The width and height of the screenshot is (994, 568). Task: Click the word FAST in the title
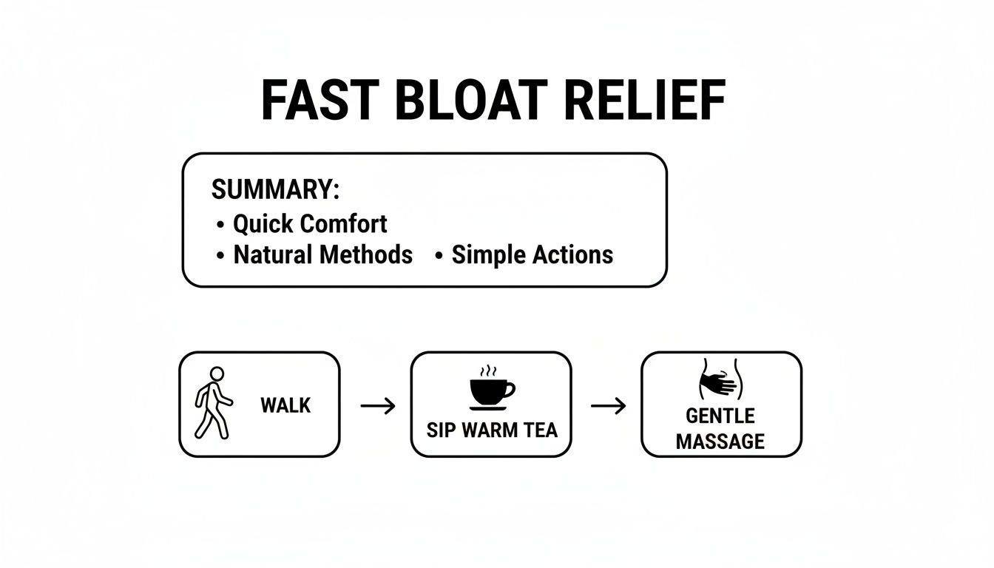pyautogui.click(x=319, y=101)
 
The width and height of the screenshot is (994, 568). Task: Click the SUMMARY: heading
pyautogui.click(x=275, y=189)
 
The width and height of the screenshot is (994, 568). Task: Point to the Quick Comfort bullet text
pyautogui.click(x=310, y=223)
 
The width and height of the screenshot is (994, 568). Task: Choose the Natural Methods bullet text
pyautogui.click(x=322, y=254)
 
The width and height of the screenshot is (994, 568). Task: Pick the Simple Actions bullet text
pyautogui.click(x=532, y=254)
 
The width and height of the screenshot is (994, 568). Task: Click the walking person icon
pyautogui.click(x=212, y=403)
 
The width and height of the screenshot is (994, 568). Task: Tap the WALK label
pyautogui.click(x=285, y=405)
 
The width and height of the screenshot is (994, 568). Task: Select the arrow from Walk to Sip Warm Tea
pyautogui.click(x=377, y=405)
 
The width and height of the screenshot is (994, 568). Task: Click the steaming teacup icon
pyautogui.click(x=491, y=390)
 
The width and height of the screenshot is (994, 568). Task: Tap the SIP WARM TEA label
pyautogui.click(x=492, y=430)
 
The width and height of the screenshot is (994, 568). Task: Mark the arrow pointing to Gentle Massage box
pyautogui.click(x=608, y=405)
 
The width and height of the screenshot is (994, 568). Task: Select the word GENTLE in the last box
pyautogui.click(x=720, y=416)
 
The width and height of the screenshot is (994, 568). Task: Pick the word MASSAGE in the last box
pyautogui.click(x=720, y=442)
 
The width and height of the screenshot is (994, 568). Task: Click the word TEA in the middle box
pyautogui.click(x=541, y=430)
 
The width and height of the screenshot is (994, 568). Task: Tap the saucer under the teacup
pyautogui.click(x=491, y=407)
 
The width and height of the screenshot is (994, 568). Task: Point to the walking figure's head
pyautogui.click(x=217, y=374)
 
